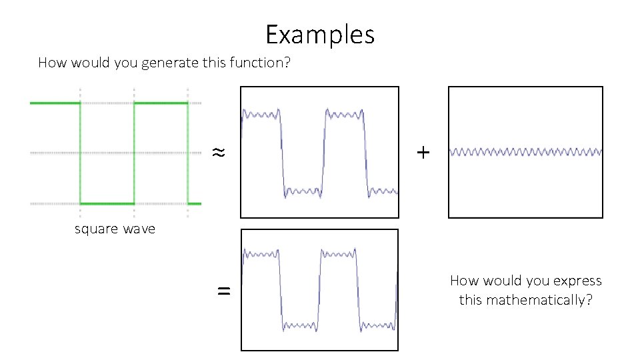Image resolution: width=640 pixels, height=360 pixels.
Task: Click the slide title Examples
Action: [x=320, y=34]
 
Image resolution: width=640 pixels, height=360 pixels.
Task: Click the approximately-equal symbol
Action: [x=218, y=153]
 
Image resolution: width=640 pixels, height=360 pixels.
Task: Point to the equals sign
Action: [x=225, y=291]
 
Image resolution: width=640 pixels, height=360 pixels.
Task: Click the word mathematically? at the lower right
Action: [x=525, y=300]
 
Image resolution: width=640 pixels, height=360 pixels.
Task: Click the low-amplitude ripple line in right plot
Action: [x=525, y=152]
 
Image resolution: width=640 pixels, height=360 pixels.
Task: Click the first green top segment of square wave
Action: [x=55, y=103]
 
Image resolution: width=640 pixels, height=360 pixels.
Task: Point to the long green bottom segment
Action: [x=107, y=203]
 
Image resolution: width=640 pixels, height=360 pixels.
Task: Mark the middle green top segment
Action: [x=161, y=103]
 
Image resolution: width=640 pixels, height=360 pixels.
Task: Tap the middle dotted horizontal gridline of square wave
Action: [x=107, y=153]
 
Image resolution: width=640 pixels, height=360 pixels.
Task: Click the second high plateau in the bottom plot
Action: [x=339, y=254]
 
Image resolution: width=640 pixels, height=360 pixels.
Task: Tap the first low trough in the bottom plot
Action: [x=300, y=326]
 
